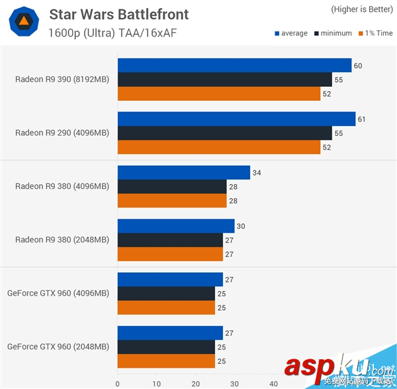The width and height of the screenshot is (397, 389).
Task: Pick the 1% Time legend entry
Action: coord(375,33)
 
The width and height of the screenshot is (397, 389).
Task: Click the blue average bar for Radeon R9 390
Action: coord(234,65)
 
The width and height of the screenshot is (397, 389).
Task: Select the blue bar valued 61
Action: coord(236,119)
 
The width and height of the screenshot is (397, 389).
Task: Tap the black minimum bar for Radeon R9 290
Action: coord(224,133)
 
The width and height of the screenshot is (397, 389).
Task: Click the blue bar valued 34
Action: coord(183,172)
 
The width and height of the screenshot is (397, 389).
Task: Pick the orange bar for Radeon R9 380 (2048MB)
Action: coord(170,254)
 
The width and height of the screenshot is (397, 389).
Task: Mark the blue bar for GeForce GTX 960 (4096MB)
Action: coord(170,279)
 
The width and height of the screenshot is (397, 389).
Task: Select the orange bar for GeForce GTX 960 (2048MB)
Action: coord(166,361)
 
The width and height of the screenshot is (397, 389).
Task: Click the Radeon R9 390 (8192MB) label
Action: coord(62,80)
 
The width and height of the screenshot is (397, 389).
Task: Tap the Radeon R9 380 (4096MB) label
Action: coord(62,186)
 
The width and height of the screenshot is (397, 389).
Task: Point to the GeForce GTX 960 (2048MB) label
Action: coord(58,346)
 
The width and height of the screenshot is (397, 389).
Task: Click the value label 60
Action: coord(358,66)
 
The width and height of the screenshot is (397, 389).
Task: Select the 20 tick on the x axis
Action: coord(195,383)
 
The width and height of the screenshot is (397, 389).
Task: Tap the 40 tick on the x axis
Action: coord(273,383)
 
